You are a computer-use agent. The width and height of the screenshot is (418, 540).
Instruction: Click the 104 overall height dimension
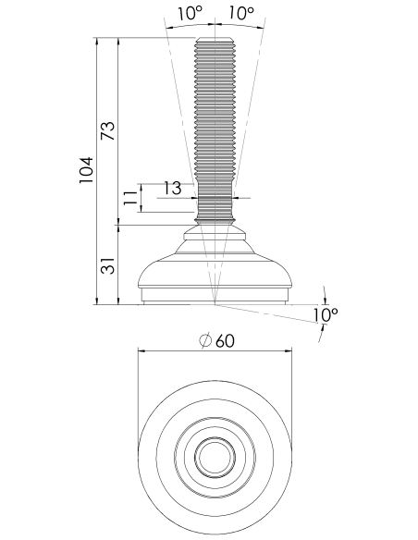pos(86,170)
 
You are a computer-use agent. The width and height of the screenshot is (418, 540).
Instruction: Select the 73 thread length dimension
pos(108,131)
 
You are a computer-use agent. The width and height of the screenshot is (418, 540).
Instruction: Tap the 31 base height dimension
pos(107,265)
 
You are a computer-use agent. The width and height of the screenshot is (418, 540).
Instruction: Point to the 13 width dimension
pos(172,189)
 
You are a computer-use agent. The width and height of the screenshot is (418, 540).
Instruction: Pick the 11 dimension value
pos(130,198)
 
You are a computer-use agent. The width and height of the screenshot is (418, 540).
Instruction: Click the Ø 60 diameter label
pos(217,341)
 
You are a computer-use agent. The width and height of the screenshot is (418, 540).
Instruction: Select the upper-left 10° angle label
pos(191,13)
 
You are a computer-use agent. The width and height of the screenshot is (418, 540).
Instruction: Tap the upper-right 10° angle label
pos(241,13)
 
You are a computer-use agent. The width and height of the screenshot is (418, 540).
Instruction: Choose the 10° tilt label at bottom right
pos(326,314)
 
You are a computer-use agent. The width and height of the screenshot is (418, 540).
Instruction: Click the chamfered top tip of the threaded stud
pos(215,39)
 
